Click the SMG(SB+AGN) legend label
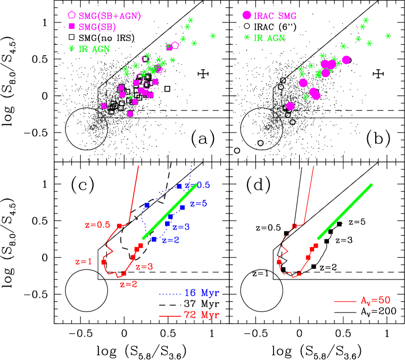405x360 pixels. (x=110, y=16)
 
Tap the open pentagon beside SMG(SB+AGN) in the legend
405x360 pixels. (x=72, y=15)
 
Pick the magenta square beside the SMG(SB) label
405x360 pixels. (x=72, y=26)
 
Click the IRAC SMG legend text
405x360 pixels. (x=275, y=16)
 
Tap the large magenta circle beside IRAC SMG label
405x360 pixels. (x=246, y=15)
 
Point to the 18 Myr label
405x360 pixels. (x=202, y=293)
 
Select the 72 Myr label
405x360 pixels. (x=202, y=315)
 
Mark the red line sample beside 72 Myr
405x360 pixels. (x=170, y=316)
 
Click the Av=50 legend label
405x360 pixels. (x=376, y=300)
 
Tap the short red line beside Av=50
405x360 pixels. (x=345, y=301)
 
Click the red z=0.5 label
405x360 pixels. (x=97, y=225)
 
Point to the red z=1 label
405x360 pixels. (x=84, y=261)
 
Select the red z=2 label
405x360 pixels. (x=128, y=284)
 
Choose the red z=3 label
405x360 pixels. (x=144, y=267)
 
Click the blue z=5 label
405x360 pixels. (x=199, y=203)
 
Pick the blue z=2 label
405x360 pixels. (x=170, y=240)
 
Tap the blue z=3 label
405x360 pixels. (x=181, y=227)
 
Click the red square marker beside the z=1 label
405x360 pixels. (x=104, y=262)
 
